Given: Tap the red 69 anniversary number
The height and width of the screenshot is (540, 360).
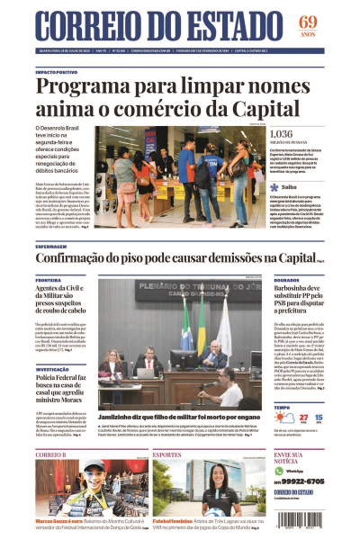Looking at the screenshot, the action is click(x=308, y=22).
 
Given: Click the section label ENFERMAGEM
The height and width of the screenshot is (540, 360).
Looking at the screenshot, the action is click(x=51, y=246).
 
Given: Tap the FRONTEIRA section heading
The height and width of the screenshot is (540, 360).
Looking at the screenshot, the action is click(x=49, y=280).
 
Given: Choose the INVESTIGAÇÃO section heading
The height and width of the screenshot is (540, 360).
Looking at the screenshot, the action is click(x=53, y=369).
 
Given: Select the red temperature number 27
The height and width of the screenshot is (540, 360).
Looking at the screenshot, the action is click(x=302, y=418).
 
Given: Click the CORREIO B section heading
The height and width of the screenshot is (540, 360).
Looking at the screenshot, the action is click(x=51, y=454).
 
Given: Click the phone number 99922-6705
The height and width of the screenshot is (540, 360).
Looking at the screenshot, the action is click(x=303, y=481).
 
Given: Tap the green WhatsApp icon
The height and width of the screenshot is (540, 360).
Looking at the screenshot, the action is click(x=279, y=470).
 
